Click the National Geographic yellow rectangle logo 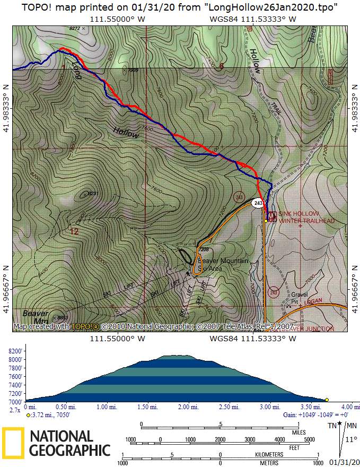point(14,443)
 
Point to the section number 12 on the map point(74,231)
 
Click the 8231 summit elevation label point(93,193)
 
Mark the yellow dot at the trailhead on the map point(266,220)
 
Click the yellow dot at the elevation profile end point(327,400)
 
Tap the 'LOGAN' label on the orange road point(314,300)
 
